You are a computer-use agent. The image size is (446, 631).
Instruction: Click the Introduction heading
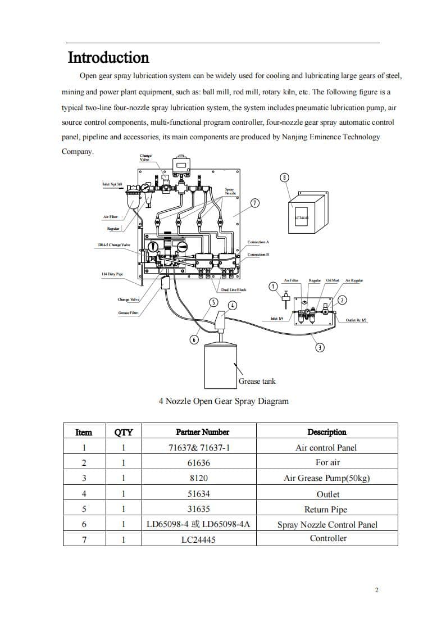(108, 58)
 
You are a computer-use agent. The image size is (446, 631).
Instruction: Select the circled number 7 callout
(255, 203)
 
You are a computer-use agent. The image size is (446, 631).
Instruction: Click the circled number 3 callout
(320, 347)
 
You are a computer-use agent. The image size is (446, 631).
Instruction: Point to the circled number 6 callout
(194, 339)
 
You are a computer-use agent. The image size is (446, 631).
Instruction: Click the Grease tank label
(257, 381)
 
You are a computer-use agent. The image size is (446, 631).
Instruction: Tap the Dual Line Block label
(234, 289)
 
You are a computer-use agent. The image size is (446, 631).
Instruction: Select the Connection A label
(258, 242)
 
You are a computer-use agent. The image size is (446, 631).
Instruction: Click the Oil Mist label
(333, 280)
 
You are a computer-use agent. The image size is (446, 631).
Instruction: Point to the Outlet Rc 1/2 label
(356, 320)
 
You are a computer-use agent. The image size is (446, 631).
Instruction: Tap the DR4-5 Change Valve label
(114, 245)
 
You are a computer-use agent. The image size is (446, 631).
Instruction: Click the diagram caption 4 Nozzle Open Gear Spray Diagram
(224, 401)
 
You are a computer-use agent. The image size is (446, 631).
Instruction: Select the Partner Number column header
(202, 432)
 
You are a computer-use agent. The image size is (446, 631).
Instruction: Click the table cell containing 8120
(199, 478)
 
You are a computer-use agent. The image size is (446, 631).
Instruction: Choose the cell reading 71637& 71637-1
(199, 448)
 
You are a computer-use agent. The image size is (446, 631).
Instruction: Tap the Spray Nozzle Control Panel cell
(327, 525)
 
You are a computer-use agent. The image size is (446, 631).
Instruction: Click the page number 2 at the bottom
(376, 589)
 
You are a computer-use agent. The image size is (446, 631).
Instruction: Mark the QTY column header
(124, 432)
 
